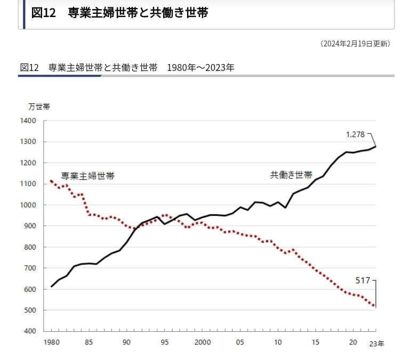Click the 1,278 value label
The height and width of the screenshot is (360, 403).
click(356, 135)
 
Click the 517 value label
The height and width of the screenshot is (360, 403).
click(362, 279)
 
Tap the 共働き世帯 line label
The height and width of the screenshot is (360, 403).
click(291, 175)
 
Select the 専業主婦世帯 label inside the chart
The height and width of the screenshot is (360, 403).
click(87, 175)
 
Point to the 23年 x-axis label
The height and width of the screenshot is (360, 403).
click(376, 344)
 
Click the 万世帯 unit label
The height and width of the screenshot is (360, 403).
click(39, 106)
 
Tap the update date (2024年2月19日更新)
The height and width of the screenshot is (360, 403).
click(356, 44)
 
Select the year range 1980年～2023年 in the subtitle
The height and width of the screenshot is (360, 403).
click(200, 68)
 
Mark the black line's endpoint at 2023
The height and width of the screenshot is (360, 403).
click(376, 146)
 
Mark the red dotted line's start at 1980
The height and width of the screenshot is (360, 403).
click(51, 181)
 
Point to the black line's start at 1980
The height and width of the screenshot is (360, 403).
click(51, 287)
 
